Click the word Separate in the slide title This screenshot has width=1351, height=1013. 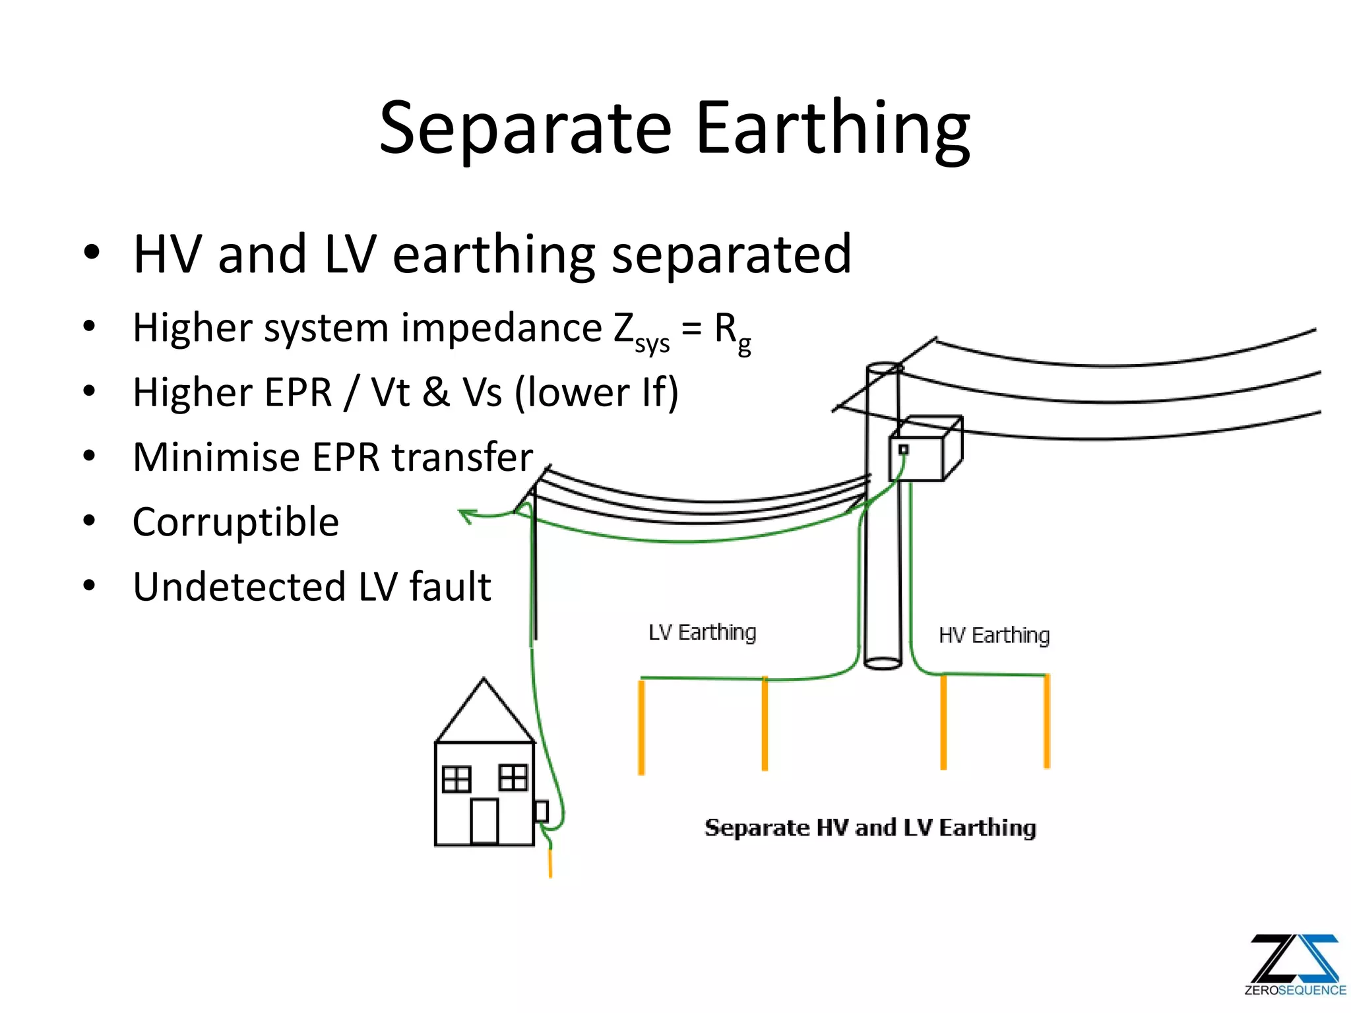pos(525,129)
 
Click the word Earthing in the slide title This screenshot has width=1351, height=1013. pos(833,129)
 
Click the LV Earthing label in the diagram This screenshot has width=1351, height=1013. pos(702,632)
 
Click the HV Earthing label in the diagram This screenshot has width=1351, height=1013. pos(993,636)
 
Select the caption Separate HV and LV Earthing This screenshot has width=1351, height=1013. pos(869,828)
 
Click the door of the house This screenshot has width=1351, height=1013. pos(484,821)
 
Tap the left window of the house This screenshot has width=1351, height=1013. pos(456,779)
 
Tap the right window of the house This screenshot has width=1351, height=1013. pos(513,777)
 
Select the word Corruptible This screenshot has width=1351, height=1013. pos(236,522)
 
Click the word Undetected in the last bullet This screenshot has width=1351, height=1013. pos(239,586)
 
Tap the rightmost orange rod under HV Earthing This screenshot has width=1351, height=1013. pos(1046,721)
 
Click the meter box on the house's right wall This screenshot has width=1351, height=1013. pos(542,811)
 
